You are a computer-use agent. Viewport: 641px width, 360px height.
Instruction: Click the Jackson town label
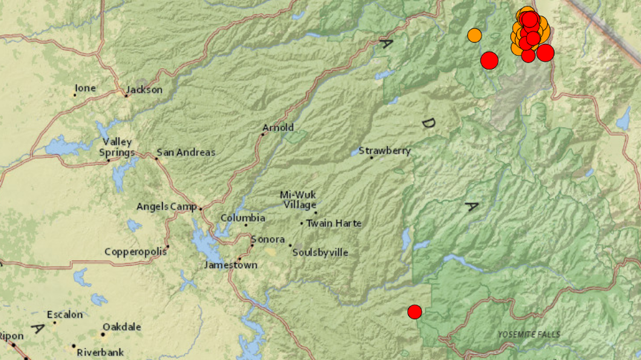(144, 90)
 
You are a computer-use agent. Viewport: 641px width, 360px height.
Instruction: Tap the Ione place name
(85, 88)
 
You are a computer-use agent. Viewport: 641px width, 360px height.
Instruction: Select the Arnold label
(278, 128)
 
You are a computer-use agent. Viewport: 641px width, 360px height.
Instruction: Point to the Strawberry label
(385, 151)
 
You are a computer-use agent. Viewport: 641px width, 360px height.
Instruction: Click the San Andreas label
(186, 153)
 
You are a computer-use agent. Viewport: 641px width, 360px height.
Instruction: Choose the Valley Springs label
(118, 147)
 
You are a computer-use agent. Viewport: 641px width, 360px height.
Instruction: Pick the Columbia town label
(243, 218)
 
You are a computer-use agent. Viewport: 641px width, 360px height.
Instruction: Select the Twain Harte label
(334, 223)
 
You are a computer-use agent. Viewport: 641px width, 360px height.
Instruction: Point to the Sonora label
(268, 240)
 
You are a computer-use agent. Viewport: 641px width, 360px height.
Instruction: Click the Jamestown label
(231, 265)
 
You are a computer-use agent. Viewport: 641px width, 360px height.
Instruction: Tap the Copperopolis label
(135, 252)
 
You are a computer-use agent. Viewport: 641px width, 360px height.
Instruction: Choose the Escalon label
(65, 315)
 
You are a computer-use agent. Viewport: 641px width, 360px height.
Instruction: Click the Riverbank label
(100, 352)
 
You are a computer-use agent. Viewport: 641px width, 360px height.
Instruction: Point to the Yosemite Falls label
(529, 334)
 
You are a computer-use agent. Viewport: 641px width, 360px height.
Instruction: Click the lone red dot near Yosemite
(415, 311)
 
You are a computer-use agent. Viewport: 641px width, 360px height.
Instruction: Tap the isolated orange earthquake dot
(474, 35)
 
